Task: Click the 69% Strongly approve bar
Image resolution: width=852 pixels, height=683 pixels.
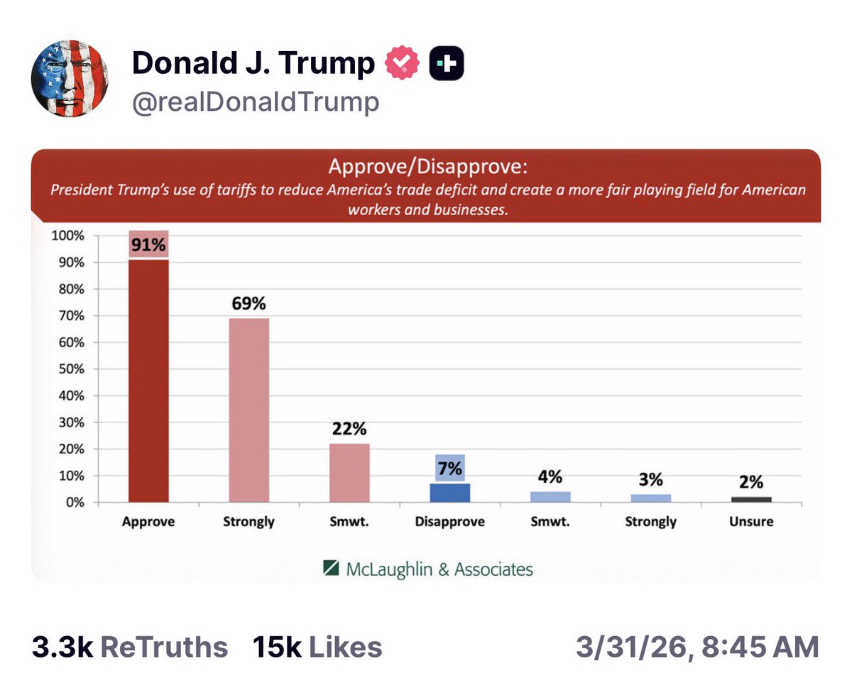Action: (248, 410)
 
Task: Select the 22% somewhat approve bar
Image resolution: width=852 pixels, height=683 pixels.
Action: (349, 472)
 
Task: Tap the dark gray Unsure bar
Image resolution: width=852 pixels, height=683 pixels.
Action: (751, 499)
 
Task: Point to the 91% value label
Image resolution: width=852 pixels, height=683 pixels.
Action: (148, 246)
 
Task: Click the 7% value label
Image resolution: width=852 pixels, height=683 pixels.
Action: (449, 469)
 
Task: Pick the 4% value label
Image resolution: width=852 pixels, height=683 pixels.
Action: (550, 477)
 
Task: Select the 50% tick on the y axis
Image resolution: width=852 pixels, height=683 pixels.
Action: (70, 369)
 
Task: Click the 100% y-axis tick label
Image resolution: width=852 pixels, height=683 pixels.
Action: (67, 236)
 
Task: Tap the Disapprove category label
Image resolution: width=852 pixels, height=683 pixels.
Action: (449, 522)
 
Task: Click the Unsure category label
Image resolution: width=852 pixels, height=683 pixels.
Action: (751, 522)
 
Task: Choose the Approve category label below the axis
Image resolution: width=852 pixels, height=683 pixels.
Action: (148, 522)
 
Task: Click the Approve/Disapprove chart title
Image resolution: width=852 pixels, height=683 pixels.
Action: (428, 169)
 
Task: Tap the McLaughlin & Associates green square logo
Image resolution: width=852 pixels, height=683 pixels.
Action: (332, 568)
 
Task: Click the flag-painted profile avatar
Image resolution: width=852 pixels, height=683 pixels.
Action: (69, 79)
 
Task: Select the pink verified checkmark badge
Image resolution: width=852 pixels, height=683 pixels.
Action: (403, 65)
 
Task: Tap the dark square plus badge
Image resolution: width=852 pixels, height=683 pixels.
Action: (447, 65)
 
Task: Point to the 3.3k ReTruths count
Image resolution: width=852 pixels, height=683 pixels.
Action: (129, 647)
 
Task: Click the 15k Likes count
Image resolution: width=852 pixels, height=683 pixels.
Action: (317, 647)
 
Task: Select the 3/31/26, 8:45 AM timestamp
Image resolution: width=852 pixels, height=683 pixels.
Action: (698, 647)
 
